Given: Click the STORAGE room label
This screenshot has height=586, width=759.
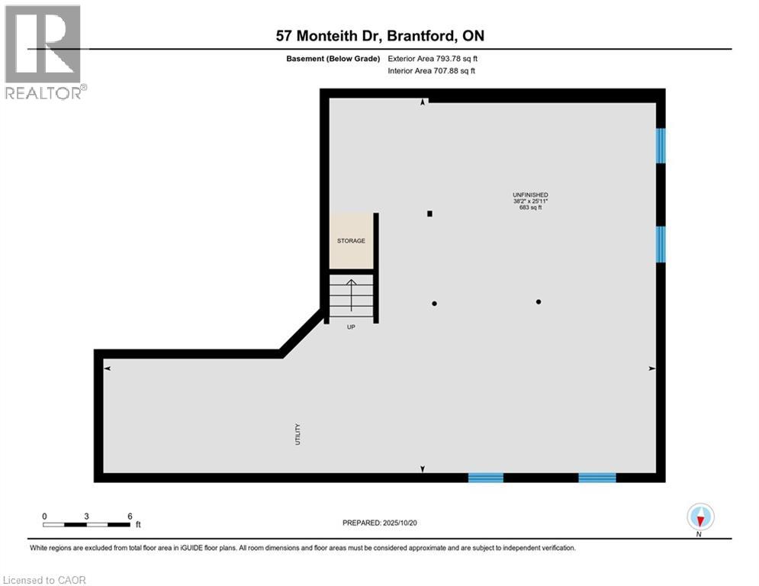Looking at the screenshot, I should (351, 241).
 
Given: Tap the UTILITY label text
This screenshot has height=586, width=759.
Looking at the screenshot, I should (298, 434).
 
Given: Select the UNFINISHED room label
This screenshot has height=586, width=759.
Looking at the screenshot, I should (530, 195).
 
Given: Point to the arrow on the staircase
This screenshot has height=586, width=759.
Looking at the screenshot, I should (351, 294).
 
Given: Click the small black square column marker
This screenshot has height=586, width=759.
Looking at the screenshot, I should (430, 214).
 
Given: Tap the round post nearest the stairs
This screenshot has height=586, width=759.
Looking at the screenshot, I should (435, 304).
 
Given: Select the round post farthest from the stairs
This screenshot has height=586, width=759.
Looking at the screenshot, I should (539, 302).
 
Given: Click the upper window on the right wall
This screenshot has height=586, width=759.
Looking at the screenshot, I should (661, 145).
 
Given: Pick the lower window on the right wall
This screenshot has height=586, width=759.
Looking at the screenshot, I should (661, 244).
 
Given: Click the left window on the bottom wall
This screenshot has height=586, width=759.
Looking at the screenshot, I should (485, 478).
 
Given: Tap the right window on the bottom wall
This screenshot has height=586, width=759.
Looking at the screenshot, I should (597, 478).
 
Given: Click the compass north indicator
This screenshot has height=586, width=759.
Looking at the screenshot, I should (700, 518).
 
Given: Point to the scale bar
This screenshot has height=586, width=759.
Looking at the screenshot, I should (86, 524).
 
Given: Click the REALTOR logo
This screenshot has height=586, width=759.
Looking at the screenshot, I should (43, 52).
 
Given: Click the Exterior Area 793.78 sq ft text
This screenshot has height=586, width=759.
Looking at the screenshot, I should (433, 58).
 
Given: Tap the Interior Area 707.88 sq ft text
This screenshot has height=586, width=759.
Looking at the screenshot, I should (432, 72).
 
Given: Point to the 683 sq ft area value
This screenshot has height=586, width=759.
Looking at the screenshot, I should (530, 208).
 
